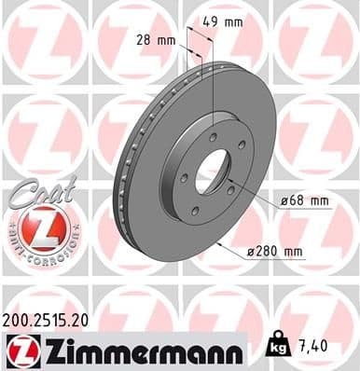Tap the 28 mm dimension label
[x=156, y=40]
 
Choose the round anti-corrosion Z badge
[x=35, y=227]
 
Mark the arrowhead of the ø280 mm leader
[x=217, y=243]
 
